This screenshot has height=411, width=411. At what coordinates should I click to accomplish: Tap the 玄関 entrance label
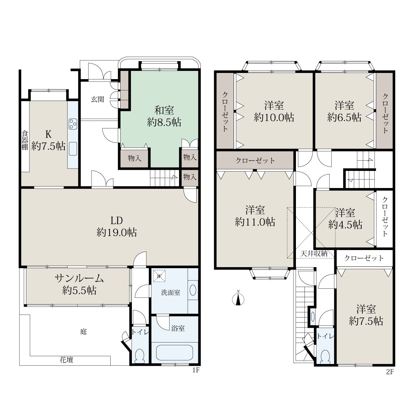[x=98, y=99]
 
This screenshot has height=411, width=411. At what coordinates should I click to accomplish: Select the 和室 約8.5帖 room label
[x=164, y=116]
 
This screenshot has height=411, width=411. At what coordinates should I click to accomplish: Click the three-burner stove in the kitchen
[x=73, y=124]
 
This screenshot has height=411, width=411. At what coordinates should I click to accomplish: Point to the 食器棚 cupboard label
[x=25, y=140]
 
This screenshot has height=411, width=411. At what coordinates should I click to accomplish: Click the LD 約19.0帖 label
[x=117, y=226]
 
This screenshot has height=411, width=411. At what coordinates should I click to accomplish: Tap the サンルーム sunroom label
[x=79, y=278]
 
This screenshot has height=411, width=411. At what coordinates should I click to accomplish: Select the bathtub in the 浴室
[x=174, y=353]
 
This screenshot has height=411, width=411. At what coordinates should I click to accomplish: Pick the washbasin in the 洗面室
[x=192, y=290]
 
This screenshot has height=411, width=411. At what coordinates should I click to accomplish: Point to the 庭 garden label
[x=83, y=332]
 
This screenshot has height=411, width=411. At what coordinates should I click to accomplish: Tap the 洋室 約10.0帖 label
[x=274, y=111]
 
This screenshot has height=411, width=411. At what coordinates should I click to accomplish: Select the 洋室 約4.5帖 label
[x=345, y=219]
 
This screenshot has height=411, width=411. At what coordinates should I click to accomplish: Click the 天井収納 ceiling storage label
[x=314, y=253]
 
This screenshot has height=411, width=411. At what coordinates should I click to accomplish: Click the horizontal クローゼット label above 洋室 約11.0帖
[x=255, y=160]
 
